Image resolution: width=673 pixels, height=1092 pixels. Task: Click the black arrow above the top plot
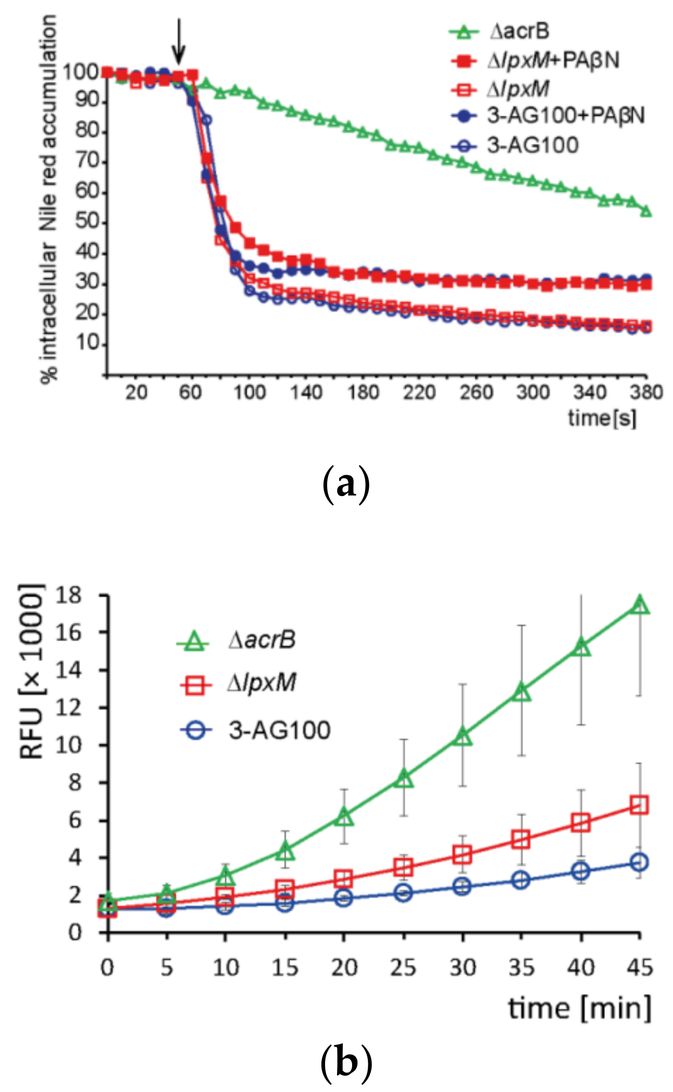point(179,41)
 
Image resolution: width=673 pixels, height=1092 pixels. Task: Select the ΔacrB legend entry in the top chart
point(519,32)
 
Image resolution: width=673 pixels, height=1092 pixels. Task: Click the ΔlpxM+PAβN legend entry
point(553,61)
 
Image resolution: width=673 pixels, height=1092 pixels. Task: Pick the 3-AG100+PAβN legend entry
point(565,116)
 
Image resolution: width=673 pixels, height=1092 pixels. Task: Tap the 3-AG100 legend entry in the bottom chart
point(279,730)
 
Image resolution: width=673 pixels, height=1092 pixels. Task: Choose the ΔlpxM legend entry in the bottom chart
point(261,682)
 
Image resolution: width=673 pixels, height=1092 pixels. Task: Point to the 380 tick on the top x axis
point(646,392)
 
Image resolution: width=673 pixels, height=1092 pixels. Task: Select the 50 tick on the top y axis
point(86,222)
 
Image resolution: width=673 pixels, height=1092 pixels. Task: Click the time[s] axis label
point(602,418)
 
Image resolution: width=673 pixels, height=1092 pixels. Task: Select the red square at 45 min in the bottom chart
point(639,805)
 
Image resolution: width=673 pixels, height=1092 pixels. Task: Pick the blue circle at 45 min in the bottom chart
point(639,863)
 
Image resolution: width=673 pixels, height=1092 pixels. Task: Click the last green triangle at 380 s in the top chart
point(646,211)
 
